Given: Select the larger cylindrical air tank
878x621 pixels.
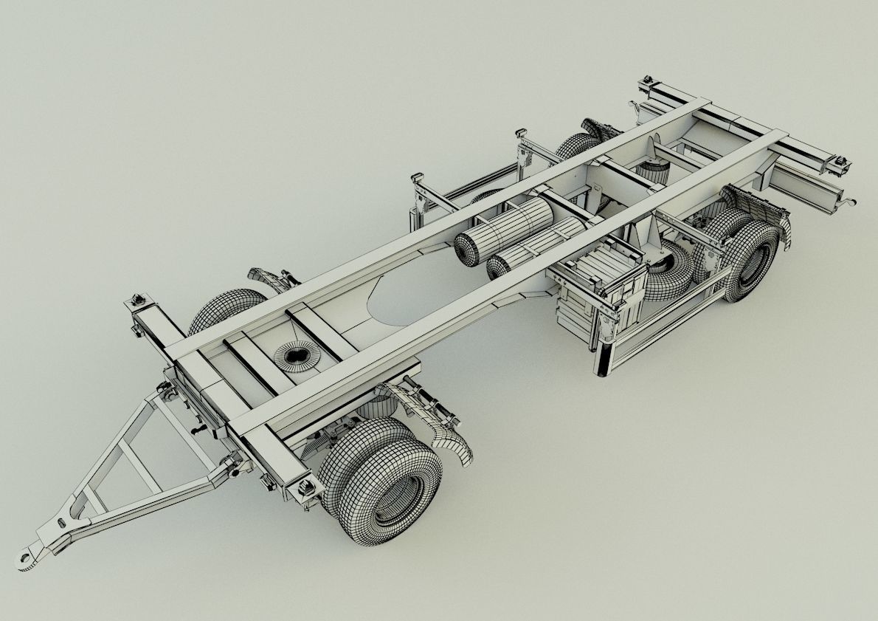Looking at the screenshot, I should tap(504, 230).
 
